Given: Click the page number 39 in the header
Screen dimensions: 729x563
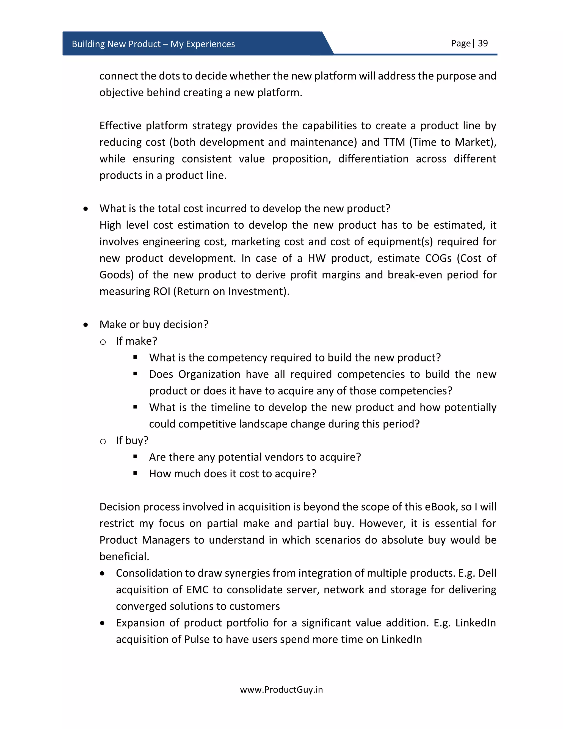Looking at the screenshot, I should click(483, 43).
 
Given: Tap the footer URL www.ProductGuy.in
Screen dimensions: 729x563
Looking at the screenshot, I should click(281, 690).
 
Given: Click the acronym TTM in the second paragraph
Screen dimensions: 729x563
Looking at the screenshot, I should click(394, 142).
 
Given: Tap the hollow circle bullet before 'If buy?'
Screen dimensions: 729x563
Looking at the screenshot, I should click(103, 442).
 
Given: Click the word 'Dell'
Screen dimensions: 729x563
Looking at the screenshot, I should click(487, 573).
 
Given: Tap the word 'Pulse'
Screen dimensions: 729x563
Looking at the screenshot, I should click(197, 640).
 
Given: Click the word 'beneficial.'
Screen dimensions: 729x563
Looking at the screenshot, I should click(124, 557).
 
